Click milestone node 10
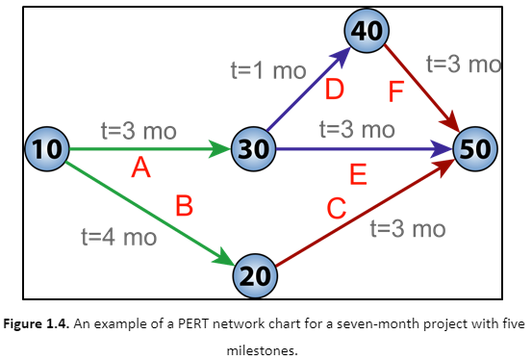[x=44, y=149]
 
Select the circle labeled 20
[x=256, y=275]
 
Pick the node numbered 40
[x=367, y=31]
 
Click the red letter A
[x=141, y=169]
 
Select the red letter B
[x=185, y=205]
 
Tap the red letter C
[x=336, y=207]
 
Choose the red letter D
[x=335, y=90]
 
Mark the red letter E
[x=358, y=174]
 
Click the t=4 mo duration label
[x=119, y=237]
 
